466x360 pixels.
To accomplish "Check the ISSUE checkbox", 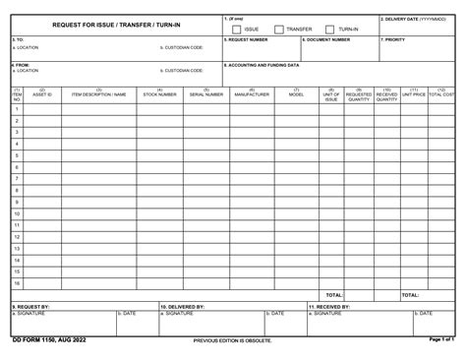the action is point(237,30).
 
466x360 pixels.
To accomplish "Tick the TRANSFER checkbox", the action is point(279,30).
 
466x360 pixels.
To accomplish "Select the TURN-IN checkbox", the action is point(329,30).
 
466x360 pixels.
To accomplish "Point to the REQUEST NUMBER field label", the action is point(247,40).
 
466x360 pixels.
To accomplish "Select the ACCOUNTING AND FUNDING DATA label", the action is point(263,65).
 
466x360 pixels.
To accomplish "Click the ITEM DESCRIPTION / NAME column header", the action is point(98,94).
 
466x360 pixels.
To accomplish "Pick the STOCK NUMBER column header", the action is point(159,94).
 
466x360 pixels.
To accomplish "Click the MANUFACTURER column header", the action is point(252,94).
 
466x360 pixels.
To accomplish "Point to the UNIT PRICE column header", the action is point(414,94).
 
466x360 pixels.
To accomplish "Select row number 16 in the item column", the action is point(17,283).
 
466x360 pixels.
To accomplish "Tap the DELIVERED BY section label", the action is point(183,306).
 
